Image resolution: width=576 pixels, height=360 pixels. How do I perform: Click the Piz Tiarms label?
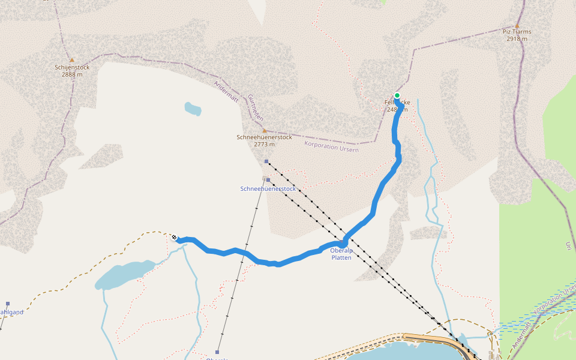[x=517, y=32]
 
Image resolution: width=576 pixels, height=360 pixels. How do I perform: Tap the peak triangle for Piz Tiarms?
[x=517, y=26]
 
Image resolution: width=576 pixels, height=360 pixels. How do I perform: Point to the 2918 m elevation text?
[x=517, y=39]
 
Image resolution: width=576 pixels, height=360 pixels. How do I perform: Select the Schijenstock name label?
[x=72, y=67]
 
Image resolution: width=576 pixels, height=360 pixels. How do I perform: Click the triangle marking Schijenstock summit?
[x=72, y=60]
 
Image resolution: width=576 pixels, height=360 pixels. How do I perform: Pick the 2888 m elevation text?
[x=72, y=74]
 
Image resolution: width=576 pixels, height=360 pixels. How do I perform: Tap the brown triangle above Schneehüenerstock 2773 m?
[x=264, y=130]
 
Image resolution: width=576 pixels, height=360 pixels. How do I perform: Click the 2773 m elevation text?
[x=264, y=144]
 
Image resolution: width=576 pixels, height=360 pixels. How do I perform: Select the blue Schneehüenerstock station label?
[x=268, y=188]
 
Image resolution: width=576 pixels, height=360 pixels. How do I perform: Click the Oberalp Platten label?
[x=341, y=254]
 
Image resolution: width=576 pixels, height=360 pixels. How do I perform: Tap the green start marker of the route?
[x=397, y=95]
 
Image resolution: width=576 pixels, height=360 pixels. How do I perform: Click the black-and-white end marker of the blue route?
[x=175, y=238]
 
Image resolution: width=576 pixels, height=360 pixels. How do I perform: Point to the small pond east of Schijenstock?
[x=193, y=109]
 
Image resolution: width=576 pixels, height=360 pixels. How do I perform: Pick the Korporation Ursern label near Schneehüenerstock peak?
[x=331, y=146]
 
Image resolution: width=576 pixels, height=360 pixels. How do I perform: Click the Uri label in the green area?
[x=568, y=245]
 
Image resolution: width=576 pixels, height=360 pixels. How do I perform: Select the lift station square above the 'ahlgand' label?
[x=8, y=304]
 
